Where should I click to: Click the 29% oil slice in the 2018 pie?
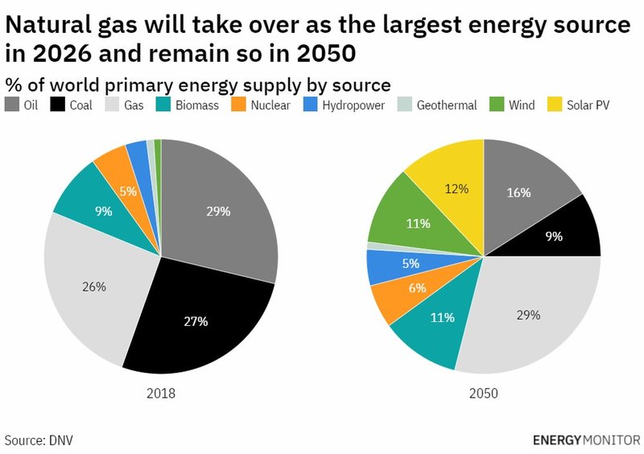click(219, 211)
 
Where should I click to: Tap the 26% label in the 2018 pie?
click(94, 286)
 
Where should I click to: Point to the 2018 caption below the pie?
click(161, 394)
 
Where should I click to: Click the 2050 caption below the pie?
click(484, 394)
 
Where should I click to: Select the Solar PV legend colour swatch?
click(554, 105)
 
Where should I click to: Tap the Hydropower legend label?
click(353, 105)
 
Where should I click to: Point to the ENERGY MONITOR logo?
click(586, 440)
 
